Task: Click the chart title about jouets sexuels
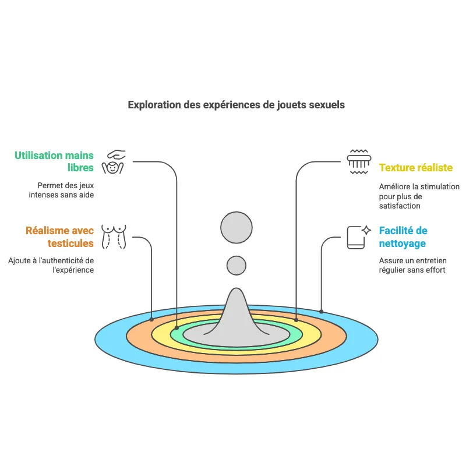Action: pyautogui.click(x=236, y=105)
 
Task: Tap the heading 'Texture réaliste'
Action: pyautogui.click(x=415, y=168)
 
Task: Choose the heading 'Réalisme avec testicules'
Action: pyautogui.click(x=59, y=237)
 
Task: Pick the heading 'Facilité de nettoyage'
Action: pyautogui.click(x=403, y=237)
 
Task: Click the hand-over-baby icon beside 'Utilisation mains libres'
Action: pyautogui.click(x=114, y=161)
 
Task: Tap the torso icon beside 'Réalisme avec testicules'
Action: pyautogui.click(x=114, y=237)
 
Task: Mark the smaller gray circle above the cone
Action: pyautogui.click(x=236, y=265)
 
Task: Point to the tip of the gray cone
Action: pyautogui.click(x=236, y=290)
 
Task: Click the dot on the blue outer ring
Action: pyautogui.click(x=321, y=311)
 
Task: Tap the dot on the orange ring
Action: pyautogui.click(x=152, y=319)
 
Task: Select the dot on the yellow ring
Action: pyautogui.click(x=296, y=320)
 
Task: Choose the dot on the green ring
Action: pyautogui.click(x=177, y=328)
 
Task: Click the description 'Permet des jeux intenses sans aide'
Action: pyautogui.click(x=62, y=190)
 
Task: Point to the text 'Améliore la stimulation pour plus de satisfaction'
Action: pyautogui.click(x=419, y=196)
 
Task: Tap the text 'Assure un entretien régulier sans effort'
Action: pyautogui.click(x=412, y=266)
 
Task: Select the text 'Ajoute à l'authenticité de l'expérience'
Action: pyautogui.click(x=51, y=265)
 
